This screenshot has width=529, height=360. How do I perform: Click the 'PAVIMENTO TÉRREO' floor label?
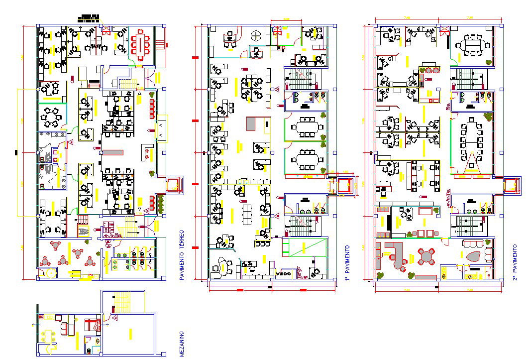[182, 255]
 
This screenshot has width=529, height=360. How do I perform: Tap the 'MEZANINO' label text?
[182, 344]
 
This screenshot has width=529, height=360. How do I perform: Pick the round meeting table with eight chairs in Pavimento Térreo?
[50, 118]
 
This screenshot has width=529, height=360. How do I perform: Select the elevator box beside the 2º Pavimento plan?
[511, 185]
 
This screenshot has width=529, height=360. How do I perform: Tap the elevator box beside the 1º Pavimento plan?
[344, 186]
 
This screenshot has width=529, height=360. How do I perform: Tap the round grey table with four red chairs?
[426, 257]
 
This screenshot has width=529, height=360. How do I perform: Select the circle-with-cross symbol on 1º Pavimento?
[256, 35]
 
